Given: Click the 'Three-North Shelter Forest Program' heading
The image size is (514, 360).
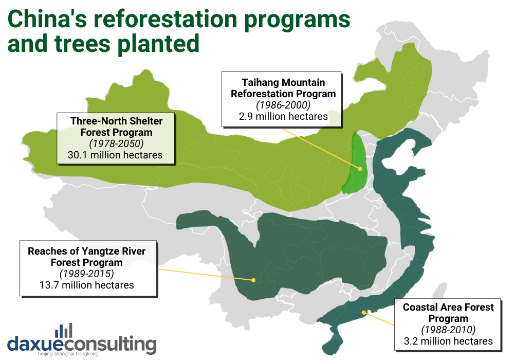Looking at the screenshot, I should point(116,127).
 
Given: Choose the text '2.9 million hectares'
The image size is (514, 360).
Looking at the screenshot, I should point(283,116).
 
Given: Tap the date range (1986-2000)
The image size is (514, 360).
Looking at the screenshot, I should point(283,105).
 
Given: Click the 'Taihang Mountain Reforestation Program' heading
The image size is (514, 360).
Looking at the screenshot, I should point(283,88).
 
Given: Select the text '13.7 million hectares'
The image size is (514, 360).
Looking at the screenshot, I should point(87,284).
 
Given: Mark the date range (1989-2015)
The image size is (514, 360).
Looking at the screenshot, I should point(87,274).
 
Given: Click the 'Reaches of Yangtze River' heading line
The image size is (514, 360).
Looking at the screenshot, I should point(87,251).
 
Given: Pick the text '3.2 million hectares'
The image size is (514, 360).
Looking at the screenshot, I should point(448,341).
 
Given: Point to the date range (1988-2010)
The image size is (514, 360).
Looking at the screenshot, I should point(448,330).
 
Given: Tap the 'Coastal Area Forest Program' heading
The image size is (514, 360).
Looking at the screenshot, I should point(448,313).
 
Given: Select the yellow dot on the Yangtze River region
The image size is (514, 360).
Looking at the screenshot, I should point(253,280).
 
